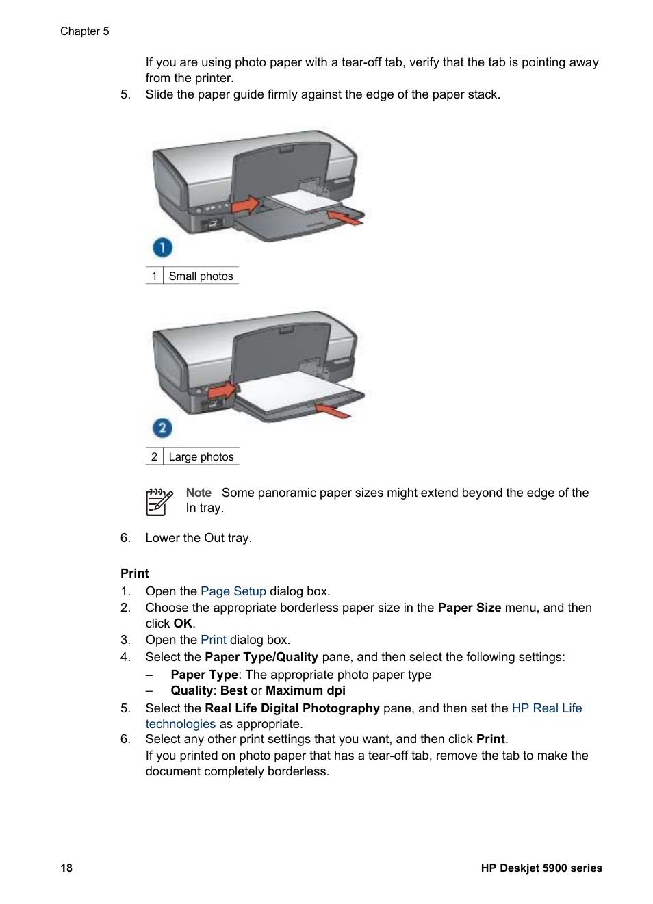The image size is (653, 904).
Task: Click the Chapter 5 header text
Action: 84,31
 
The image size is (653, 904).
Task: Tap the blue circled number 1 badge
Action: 162,247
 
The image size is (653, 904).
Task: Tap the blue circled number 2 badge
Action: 162,428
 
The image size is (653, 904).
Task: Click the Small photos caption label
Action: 201,276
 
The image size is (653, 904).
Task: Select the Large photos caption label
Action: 201,457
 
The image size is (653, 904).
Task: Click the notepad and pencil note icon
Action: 159,502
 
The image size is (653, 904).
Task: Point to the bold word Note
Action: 199,493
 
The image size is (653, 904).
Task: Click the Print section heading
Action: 135,573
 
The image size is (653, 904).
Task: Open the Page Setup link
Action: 233,591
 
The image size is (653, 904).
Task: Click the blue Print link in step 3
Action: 213,640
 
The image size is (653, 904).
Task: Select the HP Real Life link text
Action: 546,708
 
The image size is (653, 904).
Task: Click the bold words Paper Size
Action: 469,608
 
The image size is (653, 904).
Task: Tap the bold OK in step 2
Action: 183,623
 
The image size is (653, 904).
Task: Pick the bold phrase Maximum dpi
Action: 305,690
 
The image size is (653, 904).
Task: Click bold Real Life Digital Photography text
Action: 292,708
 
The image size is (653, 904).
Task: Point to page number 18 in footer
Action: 66,868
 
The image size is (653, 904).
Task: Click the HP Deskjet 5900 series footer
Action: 541,868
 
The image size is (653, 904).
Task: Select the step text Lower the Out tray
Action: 199,538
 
